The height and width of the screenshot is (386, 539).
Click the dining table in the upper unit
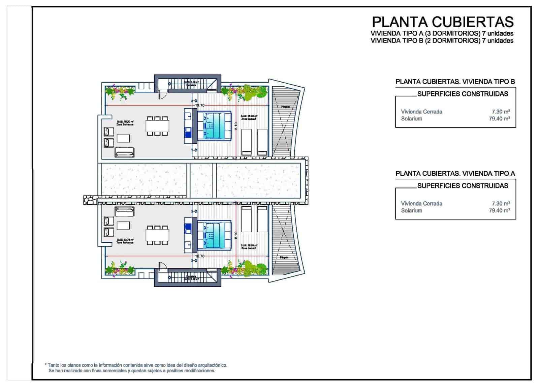pyautogui.click(x=157, y=126)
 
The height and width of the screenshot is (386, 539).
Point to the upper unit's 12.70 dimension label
pyautogui.click(x=200, y=106)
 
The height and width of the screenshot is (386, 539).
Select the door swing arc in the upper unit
pyautogui.click(x=162, y=96)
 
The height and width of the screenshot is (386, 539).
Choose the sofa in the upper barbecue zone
pyautogui.click(x=124, y=153)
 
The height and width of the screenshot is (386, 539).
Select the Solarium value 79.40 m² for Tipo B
pyautogui.click(x=499, y=119)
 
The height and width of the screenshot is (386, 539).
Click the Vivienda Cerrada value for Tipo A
pyautogui.click(x=501, y=204)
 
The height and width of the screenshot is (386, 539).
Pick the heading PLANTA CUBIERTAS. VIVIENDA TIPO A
pyautogui.click(x=455, y=174)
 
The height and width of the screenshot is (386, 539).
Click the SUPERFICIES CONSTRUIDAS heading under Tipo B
pyautogui.click(x=463, y=94)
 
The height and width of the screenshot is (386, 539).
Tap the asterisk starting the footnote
pyautogui.click(x=45, y=365)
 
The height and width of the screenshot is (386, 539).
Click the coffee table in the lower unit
pyautogui.click(x=123, y=225)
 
